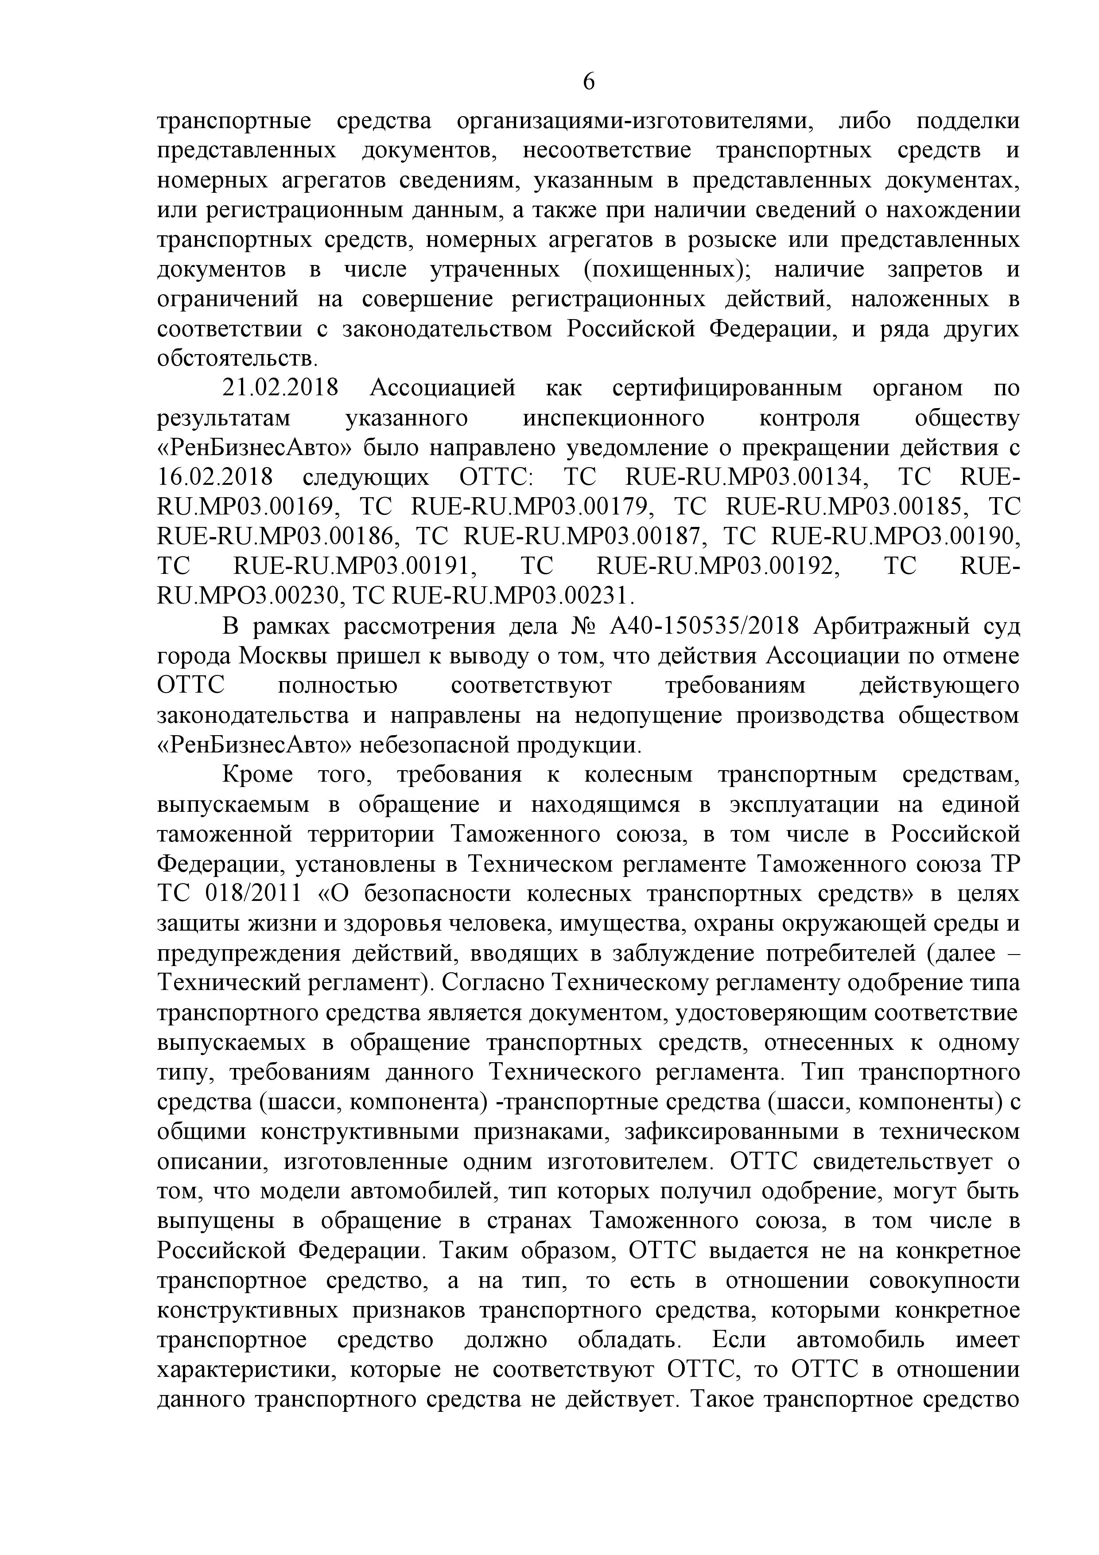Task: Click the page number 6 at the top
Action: pos(588,82)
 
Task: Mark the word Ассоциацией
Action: pos(443,389)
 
